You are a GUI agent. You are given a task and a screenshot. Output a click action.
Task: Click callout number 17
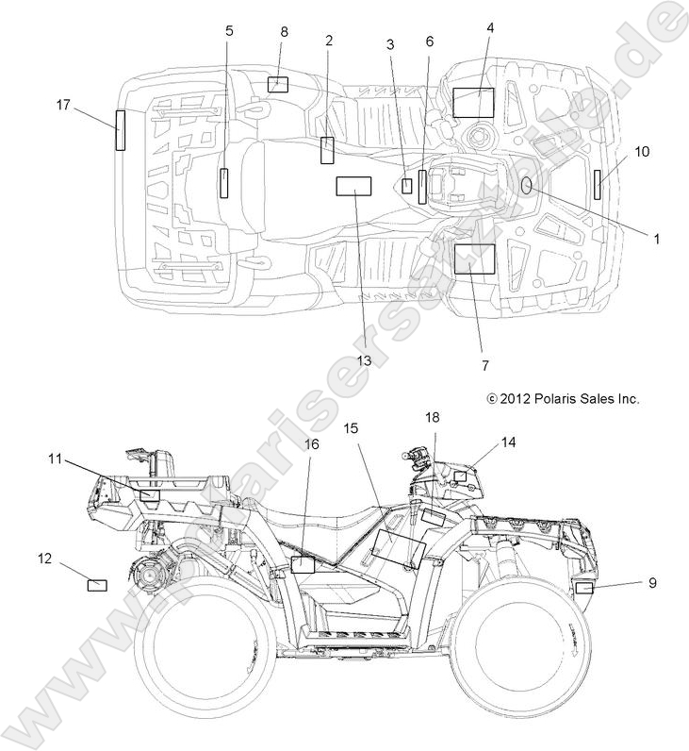(64, 106)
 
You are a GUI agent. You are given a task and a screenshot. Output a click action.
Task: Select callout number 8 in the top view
(284, 32)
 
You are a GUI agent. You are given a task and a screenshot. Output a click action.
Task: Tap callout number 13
(364, 360)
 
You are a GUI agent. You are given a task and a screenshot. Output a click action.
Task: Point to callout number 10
(641, 151)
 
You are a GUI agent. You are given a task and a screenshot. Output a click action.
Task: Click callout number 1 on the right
(656, 240)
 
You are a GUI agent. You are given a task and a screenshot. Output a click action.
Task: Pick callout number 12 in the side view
(44, 558)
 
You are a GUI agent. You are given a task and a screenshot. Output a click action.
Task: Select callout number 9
(652, 583)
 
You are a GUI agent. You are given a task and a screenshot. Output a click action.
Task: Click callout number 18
(432, 417)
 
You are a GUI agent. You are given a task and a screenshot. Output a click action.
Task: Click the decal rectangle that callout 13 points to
(354, 186)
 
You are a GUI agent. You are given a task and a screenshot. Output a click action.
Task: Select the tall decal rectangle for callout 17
(121, 130)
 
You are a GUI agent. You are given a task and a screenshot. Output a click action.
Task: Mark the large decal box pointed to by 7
(474, 258)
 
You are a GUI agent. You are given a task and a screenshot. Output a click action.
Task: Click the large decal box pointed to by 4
(473, 102)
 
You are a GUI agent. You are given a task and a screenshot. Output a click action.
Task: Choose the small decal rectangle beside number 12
(97, 585)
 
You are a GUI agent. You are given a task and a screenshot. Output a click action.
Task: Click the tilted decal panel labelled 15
(398, 548)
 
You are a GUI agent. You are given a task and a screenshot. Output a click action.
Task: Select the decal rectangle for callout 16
(303, 565)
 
